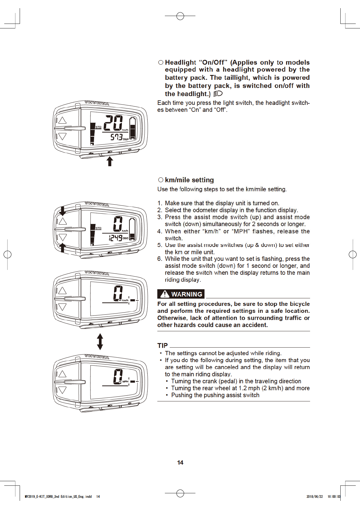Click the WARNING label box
(x=181, y=294)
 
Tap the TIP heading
(x=162, y=345)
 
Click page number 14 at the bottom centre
(x=180, y=462)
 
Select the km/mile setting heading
(x=189, y=180)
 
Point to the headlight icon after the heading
(x=218, y=94)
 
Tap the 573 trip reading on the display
(x=116, y=137)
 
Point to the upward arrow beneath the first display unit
(x=110, y=161)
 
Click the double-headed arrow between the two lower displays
(x=100, y=342)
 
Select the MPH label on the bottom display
(x=125, y=382)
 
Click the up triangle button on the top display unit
(x=62, y=120)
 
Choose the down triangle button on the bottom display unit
(x=62, y=390)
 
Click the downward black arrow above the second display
(x=62, y=210)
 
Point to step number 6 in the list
(x=159, y=259)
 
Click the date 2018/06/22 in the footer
(x=314, y=496)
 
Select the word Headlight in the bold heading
(x=181, y=63)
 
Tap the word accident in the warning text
(x=256, y=325)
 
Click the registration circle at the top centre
(x=180, y=16)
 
